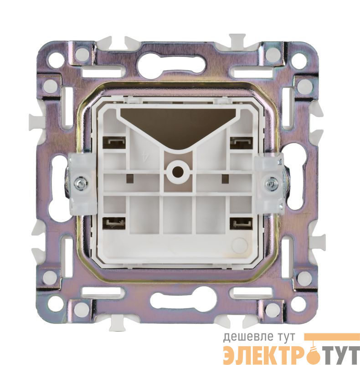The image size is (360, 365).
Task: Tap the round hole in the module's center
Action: click(x=177, y=172)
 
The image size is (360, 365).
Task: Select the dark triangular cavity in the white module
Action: click(x=178, y=128)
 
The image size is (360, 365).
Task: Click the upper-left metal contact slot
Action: click(x=114, y=142)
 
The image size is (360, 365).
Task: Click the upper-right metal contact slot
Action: click(x=242, y=142)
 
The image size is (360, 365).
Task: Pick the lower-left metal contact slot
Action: click(x=114, y=224)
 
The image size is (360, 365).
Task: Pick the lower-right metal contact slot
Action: click(x=242, y=224)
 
